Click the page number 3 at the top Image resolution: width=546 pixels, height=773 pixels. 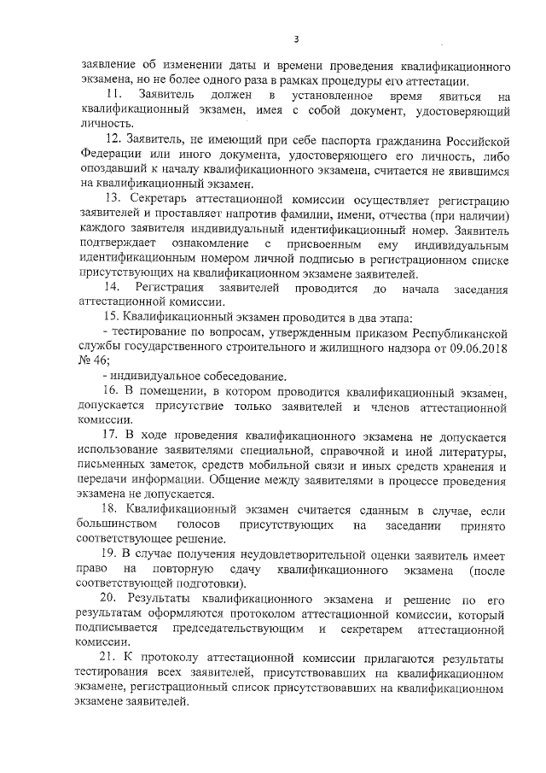295,38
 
